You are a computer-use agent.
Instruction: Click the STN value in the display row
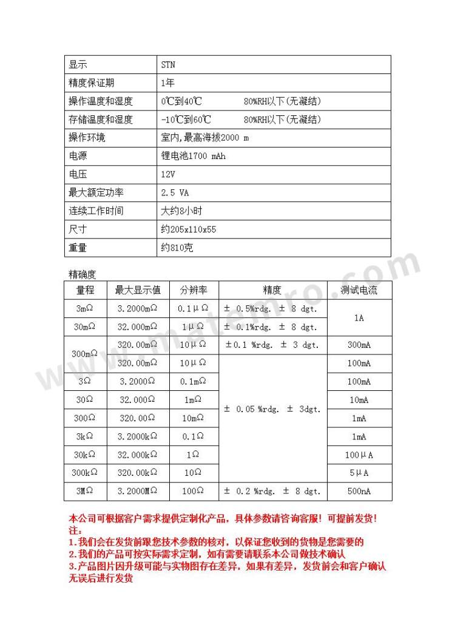point(168,65)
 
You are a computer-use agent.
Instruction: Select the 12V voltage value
point(167,175)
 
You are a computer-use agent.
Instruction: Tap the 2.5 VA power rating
point(175,193)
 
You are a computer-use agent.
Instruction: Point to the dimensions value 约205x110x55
point(188,229)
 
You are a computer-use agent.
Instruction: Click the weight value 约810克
point(177,248)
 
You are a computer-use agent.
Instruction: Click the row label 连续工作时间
point(96,211)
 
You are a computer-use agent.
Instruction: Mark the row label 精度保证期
point(92,83)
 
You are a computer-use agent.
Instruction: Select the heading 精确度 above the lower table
point(83,274)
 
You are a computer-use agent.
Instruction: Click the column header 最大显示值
point(138,290)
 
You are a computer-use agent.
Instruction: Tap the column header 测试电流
point(359,290)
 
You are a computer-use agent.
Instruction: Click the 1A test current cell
point(359,317)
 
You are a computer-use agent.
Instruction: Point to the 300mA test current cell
point(359,345)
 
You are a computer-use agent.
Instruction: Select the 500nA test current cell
point(359,492)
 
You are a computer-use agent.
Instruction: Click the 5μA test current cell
point(359,473)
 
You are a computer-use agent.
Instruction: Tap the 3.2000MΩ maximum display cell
point(138,492)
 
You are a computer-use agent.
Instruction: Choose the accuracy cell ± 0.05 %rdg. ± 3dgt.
point(272,409)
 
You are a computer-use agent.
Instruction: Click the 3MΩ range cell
point(85,492)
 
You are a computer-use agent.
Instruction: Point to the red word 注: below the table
point(74,530)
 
